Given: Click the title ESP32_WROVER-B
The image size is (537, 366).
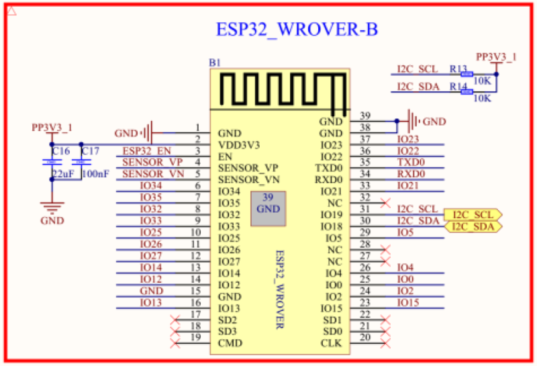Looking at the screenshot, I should click(x=297, y=30).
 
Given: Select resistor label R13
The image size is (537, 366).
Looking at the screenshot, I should click(x=458, y=69).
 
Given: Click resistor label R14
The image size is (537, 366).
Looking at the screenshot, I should click(x=458, y=87).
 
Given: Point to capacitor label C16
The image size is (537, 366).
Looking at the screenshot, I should click(x=61, y=152).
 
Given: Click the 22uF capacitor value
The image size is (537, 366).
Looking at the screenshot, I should click(x=62, y=174).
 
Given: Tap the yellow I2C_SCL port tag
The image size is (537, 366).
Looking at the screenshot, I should click(x=473, y=215).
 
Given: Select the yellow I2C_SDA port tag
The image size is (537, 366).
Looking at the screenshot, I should click(x=473, y=227).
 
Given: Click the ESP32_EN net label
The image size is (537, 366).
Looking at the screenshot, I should click(x=146, y=150).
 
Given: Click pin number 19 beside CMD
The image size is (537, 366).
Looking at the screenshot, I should click(x=197, y=338).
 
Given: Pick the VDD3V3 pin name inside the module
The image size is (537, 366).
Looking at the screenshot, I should click(x=240, y=144).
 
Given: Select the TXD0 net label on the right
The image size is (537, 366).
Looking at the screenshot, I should click(x=411, y=162).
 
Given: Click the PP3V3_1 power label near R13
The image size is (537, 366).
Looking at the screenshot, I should click(x=495, y=56).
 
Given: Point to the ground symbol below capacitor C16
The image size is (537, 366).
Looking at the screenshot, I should click(x=52, y=205).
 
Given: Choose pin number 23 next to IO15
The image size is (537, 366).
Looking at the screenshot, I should click(x=365, y=303).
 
